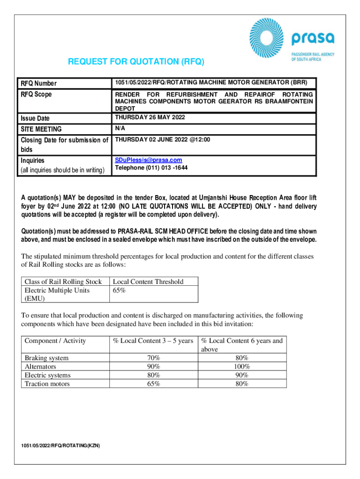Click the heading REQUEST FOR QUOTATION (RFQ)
pyautogui.click(x=136, y=62)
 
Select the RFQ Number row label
pyautogui.click(x=38, y=83)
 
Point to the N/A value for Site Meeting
pyautogui.click(x=121, y=128)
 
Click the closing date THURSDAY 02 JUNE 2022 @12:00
pyautogui.click(x=163, y=139)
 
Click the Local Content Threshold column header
pyautogui.click(x=148, y=282)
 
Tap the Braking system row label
pyautogui.click(x=46, y=358)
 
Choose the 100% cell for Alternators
pyautogui.click(x=242, y=367)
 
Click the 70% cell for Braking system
pyautogui.click(x=153, y=358)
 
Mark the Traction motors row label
pyautogui.click(x=47, y=384)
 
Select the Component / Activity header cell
pyautogui.click(x=55, y=341)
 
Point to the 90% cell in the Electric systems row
pyautogui.click(x=242, y=375)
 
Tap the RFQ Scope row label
pyautogui.click(x=36, y=94)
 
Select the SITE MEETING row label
pyautogui.click(x=41, y=129)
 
